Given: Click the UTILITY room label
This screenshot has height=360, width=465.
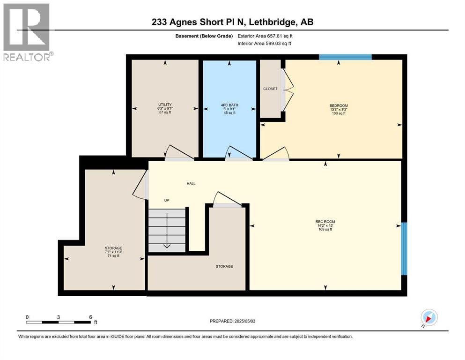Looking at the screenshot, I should (164, 105).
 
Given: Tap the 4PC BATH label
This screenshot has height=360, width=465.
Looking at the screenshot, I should (229, 105).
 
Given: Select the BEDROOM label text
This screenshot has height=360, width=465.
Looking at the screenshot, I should (339, 105).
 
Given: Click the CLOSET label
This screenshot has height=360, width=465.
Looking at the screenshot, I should (270, 89).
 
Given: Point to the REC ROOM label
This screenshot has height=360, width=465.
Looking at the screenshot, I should (325, 222).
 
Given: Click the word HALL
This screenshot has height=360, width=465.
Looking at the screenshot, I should (191, 183).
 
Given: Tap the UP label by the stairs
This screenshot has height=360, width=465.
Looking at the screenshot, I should (166, 200).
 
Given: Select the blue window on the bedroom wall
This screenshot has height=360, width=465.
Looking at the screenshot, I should (345, 57).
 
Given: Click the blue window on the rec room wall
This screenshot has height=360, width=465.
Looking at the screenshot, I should (405, 248).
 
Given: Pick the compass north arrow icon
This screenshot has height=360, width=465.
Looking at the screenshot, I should (428, 317).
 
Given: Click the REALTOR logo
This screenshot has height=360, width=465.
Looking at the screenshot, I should (26, 32).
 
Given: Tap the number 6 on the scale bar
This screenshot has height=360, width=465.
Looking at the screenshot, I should (90, 317).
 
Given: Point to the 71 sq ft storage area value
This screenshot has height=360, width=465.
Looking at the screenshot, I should (113, 255).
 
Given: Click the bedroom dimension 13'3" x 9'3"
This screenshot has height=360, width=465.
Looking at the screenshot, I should (339, 109).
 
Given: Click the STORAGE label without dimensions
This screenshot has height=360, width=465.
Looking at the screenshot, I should (224, 266).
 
